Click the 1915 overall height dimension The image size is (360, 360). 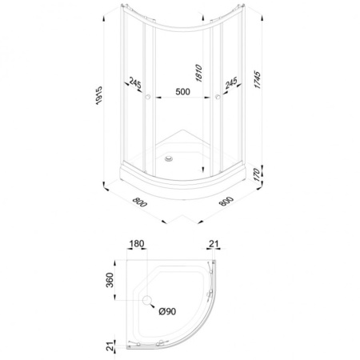(x=99, y=95)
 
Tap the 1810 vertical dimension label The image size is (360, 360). (x=199, y=73)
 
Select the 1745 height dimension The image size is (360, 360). (x=257, y=79)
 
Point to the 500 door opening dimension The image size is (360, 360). (x=182, y=91)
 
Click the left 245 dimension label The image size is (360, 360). (x=135, y=82)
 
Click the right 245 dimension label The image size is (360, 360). (x=231, y=82)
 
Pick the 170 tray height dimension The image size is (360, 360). (x=257, y=174)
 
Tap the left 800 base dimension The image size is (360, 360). (x=140, y=202)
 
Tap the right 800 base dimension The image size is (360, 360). (x=226, y=201)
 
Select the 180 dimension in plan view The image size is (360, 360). (x=137, y=244)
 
